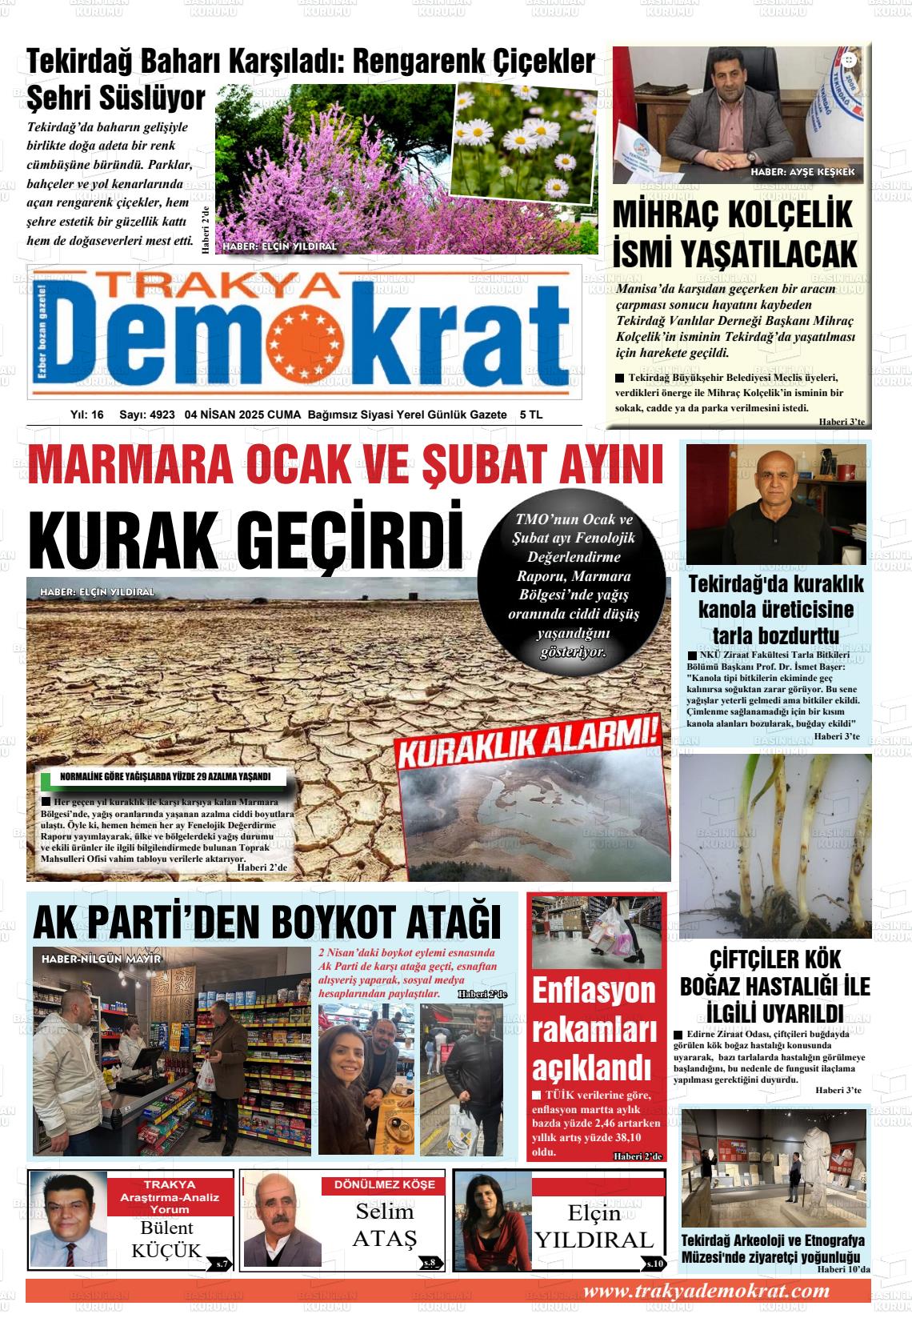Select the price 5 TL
[530, 415]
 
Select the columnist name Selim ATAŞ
[385, 1225]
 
